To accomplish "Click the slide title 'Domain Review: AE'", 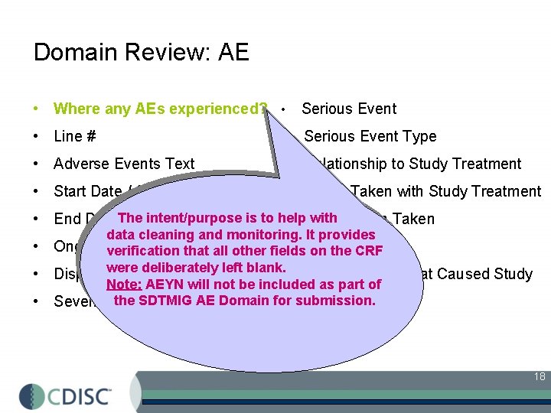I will (142, 52).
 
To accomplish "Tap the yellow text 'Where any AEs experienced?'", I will (160, 109).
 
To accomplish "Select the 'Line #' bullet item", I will (74, 137).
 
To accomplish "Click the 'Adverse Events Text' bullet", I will (124, 164).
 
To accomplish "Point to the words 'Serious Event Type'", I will (370, 137).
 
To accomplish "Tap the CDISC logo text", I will (80, 395).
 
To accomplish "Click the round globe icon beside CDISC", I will (32, 395).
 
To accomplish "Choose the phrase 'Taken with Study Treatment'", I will (445, 192).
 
